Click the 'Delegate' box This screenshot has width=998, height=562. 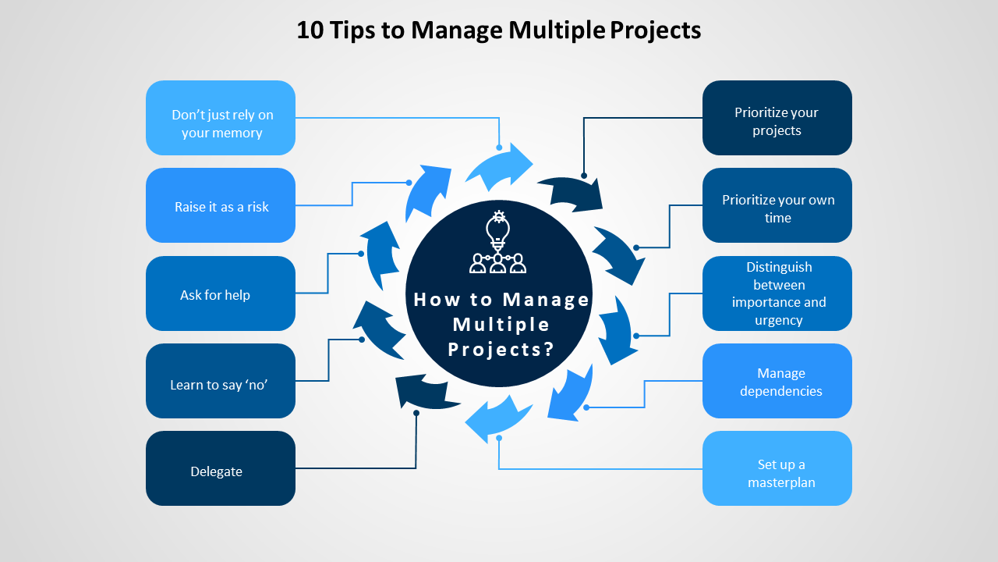[x=220, y=468]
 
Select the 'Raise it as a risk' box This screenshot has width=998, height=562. [x=220, y=205]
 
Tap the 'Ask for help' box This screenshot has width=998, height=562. [x=220, y=293]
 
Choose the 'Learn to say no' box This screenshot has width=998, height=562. [x=220, y=381]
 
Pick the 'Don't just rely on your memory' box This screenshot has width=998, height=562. [x=220, y=118]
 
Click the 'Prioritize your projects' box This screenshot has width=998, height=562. [x=777, y=118]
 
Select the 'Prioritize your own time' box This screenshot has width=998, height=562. [x=777, y=205]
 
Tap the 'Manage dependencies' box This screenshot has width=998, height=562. [x=777, y=381]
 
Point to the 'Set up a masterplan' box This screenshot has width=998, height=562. [x=777, y=468]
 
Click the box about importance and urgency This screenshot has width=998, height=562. [x=777, y=293]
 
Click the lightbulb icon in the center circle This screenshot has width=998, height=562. [x=498, y=229]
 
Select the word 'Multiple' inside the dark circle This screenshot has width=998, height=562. [x=501, y=324]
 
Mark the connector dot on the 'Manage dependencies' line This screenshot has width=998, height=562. [x=586, y=407]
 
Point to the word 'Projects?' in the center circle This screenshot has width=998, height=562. [x=501, y=349]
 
